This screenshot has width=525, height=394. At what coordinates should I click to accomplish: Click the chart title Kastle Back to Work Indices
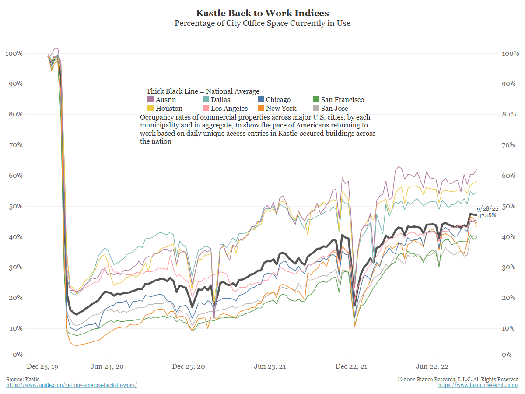point(262,13)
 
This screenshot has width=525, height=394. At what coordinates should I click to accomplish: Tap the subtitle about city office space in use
point(262,23)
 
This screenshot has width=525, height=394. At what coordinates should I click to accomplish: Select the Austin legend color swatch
point(150,100)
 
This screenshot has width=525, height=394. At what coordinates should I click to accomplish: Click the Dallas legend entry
point(219,100)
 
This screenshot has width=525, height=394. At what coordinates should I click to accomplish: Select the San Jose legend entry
point(335,108)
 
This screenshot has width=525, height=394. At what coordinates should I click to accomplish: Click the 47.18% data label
point(487,215)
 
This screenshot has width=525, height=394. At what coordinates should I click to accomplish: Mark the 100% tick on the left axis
point(14,53)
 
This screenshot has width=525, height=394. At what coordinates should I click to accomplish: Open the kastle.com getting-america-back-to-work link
point(72,385)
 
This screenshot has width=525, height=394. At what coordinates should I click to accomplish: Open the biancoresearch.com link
point(478,385)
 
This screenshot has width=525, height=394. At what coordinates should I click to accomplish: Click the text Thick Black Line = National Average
point(203,91)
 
